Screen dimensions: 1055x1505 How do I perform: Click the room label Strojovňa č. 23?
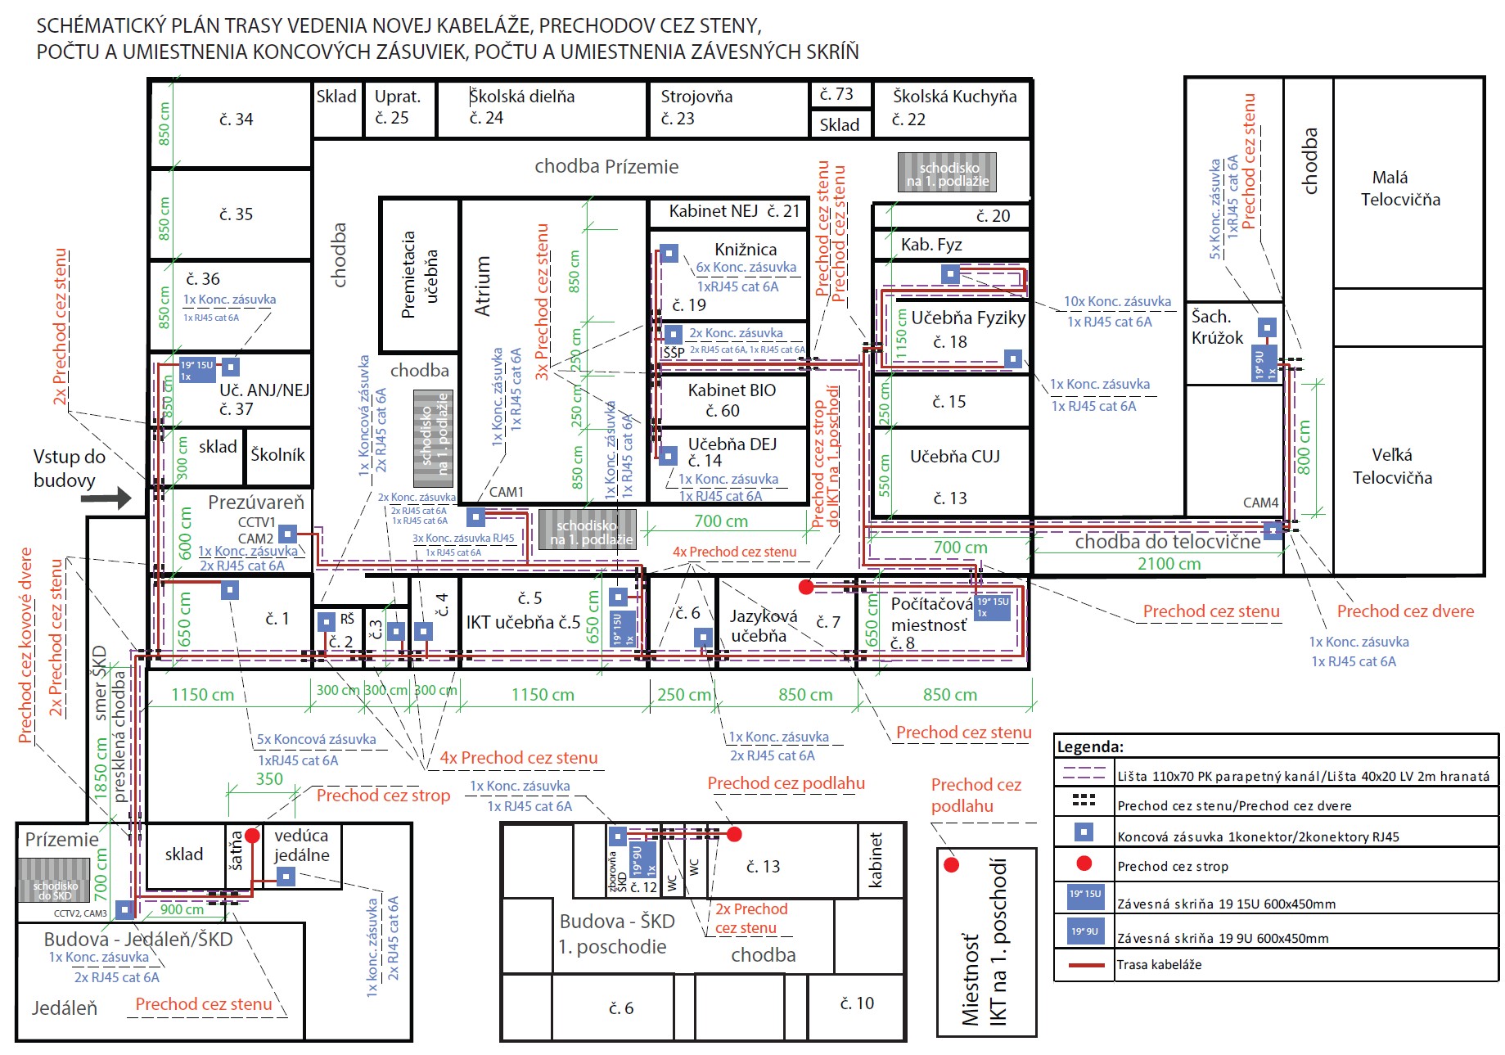(696, 107)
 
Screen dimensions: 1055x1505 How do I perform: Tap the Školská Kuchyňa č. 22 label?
(954, 107)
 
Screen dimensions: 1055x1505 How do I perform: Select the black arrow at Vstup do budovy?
(106, 497)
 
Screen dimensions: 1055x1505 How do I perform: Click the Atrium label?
(483, 286)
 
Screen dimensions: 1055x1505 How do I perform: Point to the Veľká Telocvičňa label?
(1392, 466)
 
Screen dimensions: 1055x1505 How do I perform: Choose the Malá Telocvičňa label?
(1399, 188)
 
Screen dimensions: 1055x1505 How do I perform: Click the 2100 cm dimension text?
(1169, 563)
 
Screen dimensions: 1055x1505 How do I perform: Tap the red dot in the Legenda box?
(1084, 863)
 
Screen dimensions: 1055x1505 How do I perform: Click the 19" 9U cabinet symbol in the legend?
(1084, 931)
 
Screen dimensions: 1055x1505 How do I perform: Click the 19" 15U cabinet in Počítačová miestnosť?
(993, 607)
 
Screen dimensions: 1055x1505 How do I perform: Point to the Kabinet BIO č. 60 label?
(732, 400)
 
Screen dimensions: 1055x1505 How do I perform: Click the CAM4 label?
(1260, 503)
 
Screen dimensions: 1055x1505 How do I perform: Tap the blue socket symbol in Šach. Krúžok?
(1267, 328)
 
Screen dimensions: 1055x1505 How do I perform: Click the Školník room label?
(277, 455)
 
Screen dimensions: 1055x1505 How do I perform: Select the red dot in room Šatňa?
(252, 836)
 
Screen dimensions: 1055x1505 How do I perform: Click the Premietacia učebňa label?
(420, 274)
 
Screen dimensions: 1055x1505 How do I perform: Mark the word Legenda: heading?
(1090, 746)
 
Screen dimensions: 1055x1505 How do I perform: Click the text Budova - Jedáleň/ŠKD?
(138, 939)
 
